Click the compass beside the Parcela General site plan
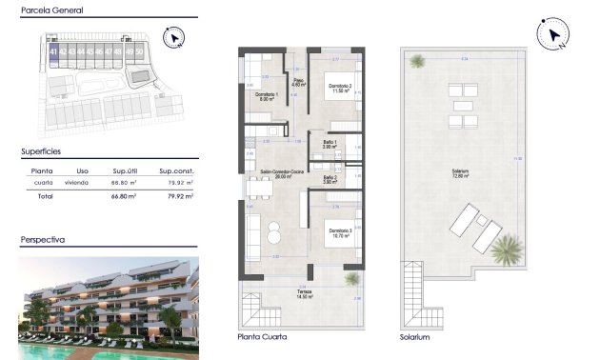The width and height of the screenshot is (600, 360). click(173, 38)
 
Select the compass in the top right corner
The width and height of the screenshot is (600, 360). click(552, 36)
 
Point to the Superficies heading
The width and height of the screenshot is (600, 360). click(42, 151)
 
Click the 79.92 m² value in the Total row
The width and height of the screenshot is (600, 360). click(180, 196)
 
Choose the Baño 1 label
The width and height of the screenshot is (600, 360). click(330, 144)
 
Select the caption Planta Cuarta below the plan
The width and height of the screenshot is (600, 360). click(262, 337)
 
